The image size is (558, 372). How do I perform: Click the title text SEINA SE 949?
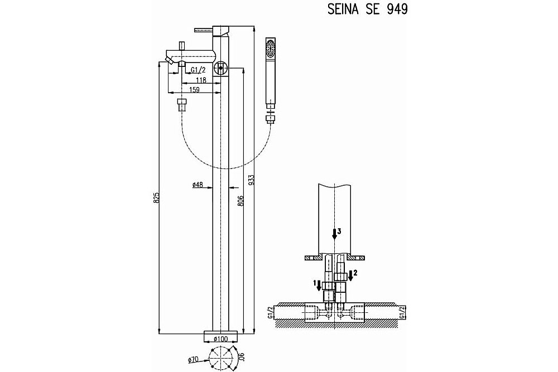click(367, 9)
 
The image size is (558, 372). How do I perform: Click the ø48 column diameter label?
click(198, 184)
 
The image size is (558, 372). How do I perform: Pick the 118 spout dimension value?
click(201, 80)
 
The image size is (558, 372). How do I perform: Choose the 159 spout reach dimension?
click(194, 90)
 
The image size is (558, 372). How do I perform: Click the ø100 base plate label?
click(220, 339)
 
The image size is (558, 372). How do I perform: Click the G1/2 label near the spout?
click(198, 70)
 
